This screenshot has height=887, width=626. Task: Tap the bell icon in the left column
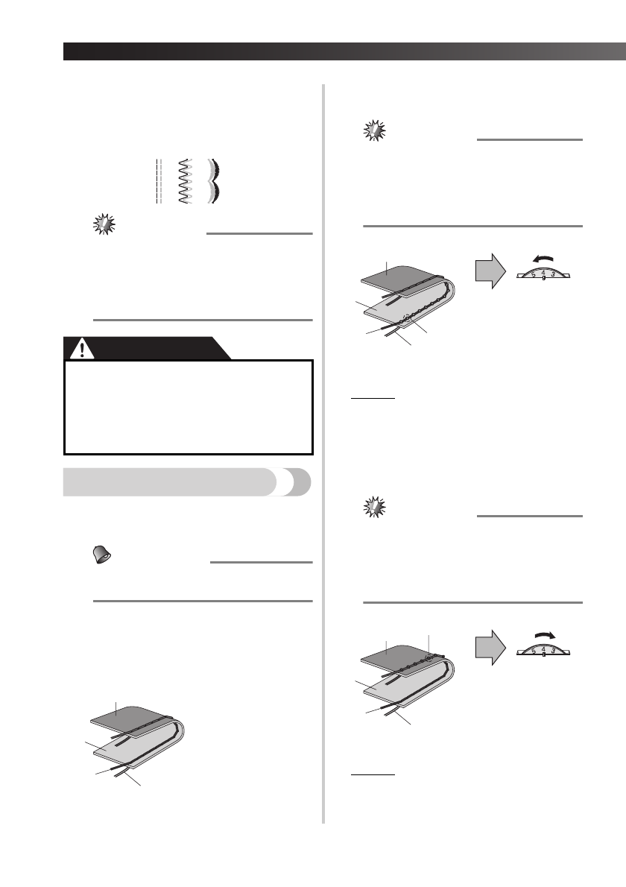[101, 552]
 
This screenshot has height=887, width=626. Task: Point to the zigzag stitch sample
[184, 181]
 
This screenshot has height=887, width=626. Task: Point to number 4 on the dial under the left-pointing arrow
[543, 272]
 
